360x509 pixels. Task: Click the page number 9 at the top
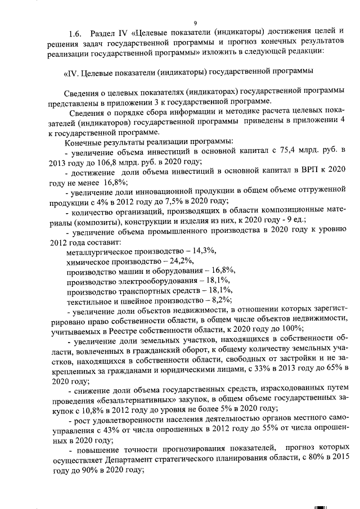[195, 23]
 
